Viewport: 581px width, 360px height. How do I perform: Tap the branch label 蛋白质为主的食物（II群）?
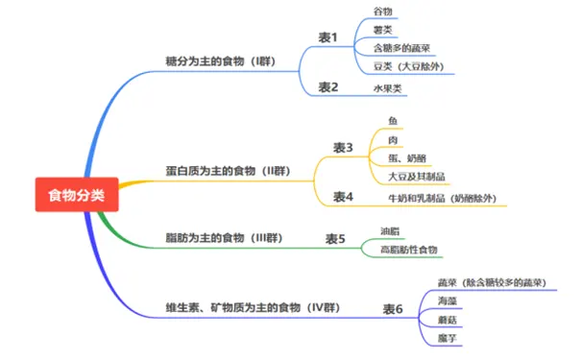[228, 171]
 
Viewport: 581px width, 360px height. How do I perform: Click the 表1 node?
[328, 37]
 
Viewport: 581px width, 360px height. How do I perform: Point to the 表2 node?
[328, 87]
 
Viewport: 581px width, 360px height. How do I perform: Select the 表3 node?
[344, 147]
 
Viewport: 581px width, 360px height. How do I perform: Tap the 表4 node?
[344, 197]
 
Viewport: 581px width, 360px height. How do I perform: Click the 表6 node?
[393, 309]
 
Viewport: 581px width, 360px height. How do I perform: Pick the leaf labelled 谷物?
[382, 12]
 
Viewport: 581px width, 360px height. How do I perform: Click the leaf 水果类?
[388, 88]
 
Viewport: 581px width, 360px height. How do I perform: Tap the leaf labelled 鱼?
[393, 121]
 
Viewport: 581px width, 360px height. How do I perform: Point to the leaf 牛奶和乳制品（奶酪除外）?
[442, 198]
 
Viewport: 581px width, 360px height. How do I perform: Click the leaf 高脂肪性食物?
[408, 251]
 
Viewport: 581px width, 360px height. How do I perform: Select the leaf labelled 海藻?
[447, 301]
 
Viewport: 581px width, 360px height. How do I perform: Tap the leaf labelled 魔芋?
[447, 340]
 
